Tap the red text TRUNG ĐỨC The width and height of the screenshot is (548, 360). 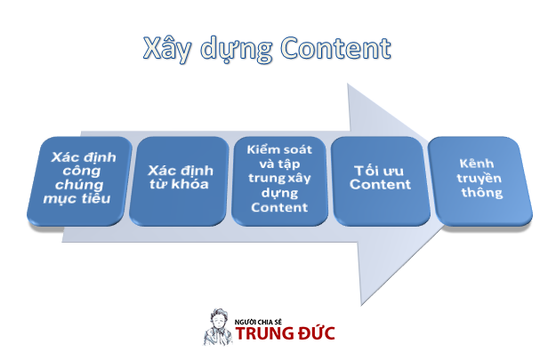click(x=286, y=333)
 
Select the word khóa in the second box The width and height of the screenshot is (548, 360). click(x=192, y=185)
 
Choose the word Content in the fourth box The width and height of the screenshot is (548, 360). click(x=380, y=185)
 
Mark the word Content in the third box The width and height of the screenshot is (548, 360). click(x=277, y=207)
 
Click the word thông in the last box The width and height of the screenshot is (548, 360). click(x=481, y=192)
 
